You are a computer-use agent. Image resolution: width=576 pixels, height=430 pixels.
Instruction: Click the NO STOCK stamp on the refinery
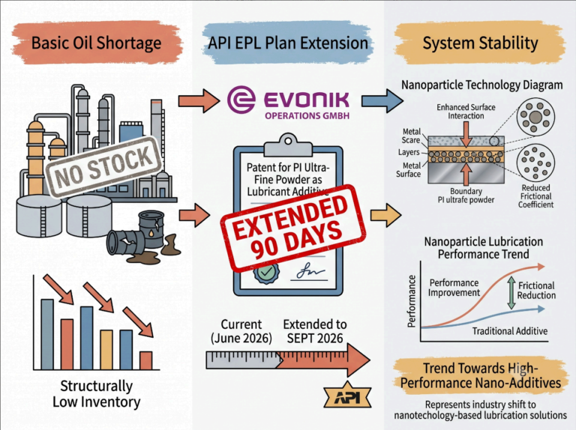click(103, 167)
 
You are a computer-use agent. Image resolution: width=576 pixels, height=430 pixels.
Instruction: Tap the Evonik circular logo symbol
click(241, 99)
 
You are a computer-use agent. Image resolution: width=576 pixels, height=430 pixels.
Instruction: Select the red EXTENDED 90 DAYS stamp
click(293, 228)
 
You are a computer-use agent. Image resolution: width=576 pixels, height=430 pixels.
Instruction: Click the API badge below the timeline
click(347, 396)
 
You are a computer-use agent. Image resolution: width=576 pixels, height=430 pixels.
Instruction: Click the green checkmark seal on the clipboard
click(266, 273)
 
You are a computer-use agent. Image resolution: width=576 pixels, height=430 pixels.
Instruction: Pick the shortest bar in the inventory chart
click(145, 360)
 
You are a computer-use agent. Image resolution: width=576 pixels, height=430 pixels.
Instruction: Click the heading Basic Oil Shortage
click(96, 43)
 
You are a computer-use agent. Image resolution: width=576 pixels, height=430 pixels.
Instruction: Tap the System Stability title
click(480, 43)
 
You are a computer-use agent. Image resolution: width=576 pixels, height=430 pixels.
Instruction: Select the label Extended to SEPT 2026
click(315, 331)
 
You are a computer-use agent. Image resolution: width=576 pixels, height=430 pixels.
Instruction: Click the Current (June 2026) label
click(241, 331)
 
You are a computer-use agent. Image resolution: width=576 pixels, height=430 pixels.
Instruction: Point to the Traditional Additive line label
click(509, 331)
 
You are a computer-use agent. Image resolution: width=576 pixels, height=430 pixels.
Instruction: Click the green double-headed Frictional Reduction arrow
click(511, 292)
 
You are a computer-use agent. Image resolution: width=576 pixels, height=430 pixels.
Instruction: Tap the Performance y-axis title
click(412, 301)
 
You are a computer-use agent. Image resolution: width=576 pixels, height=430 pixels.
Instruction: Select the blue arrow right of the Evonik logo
click(382, 100)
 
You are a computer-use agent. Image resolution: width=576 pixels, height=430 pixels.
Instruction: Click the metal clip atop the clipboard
click(288, 145)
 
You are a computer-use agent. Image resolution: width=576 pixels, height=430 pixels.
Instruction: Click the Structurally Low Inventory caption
click(96, 394)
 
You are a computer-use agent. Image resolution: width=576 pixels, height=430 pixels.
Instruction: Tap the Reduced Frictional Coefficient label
click(535, 196)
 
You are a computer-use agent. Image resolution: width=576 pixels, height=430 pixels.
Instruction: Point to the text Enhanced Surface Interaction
click(466, 112)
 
